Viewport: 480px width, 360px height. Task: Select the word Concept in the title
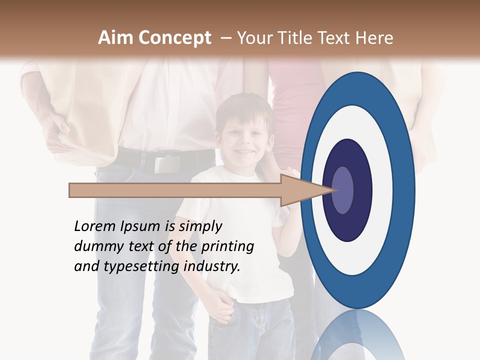tap(174, 38)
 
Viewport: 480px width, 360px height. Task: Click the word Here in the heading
tap(374, 38)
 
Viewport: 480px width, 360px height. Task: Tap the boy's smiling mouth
tap(244, 150)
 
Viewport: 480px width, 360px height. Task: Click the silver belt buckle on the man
tap(166, 163)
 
